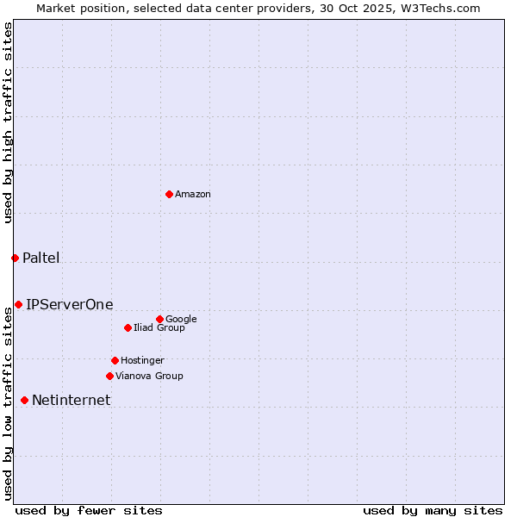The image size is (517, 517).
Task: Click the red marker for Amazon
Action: coord(169,194)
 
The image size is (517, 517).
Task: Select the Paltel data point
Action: coord(15,258)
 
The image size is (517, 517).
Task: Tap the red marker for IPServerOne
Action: coord(18,304)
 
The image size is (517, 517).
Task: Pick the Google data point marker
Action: coord(159,319)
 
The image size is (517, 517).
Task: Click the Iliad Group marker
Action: coord(128,327)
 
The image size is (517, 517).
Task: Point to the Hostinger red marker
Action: coord(115,360)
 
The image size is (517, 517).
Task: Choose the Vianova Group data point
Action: coord(109,376)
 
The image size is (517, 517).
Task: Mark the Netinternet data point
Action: coord(24,400)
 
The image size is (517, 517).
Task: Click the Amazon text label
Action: coord(193,195)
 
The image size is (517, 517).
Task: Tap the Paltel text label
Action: coord(41,258)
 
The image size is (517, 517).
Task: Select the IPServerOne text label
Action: coord(70,305)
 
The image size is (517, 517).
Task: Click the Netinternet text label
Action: coord(72,401)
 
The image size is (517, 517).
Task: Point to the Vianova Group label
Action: coord(149,377)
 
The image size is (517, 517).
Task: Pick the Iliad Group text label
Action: coord(159,328)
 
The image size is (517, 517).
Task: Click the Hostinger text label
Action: coord(142,361)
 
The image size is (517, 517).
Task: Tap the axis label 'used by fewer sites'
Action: coord(89,510)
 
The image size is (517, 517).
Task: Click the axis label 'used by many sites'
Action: coord(433,510)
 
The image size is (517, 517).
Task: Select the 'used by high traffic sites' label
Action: coord(9,122)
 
